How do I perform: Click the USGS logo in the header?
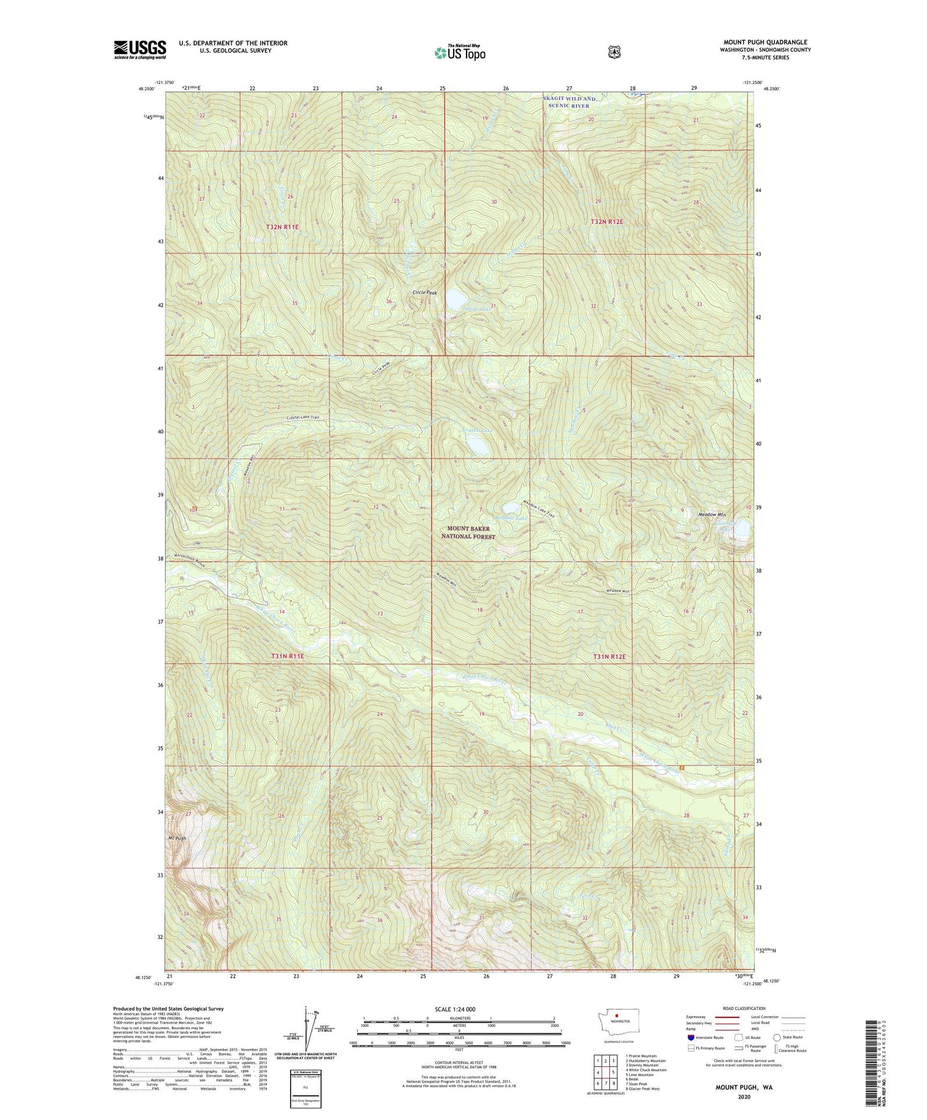[x=140, y=49]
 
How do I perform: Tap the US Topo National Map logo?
[x=460, y=52]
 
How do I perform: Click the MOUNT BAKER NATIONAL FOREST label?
[x=468, y=533]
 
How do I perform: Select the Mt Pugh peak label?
[x=177, y=838]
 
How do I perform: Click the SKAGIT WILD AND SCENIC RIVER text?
[x=569, y=102]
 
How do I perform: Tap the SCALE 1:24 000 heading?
[x=459, y=1009]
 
